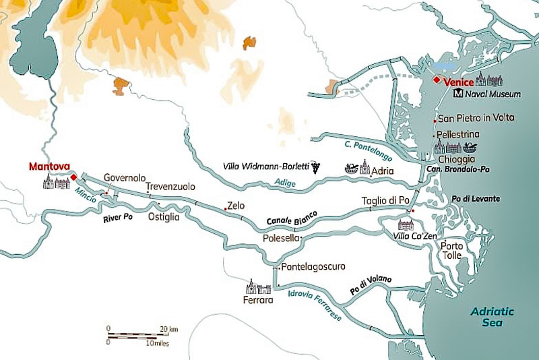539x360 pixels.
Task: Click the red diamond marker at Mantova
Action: [73, 177]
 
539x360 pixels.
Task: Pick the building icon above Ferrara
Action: [259, 287]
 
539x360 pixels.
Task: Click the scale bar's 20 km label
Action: [169, 328]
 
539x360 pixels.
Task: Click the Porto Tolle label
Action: [451, 251]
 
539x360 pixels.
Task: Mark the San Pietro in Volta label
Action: [476, 118]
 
